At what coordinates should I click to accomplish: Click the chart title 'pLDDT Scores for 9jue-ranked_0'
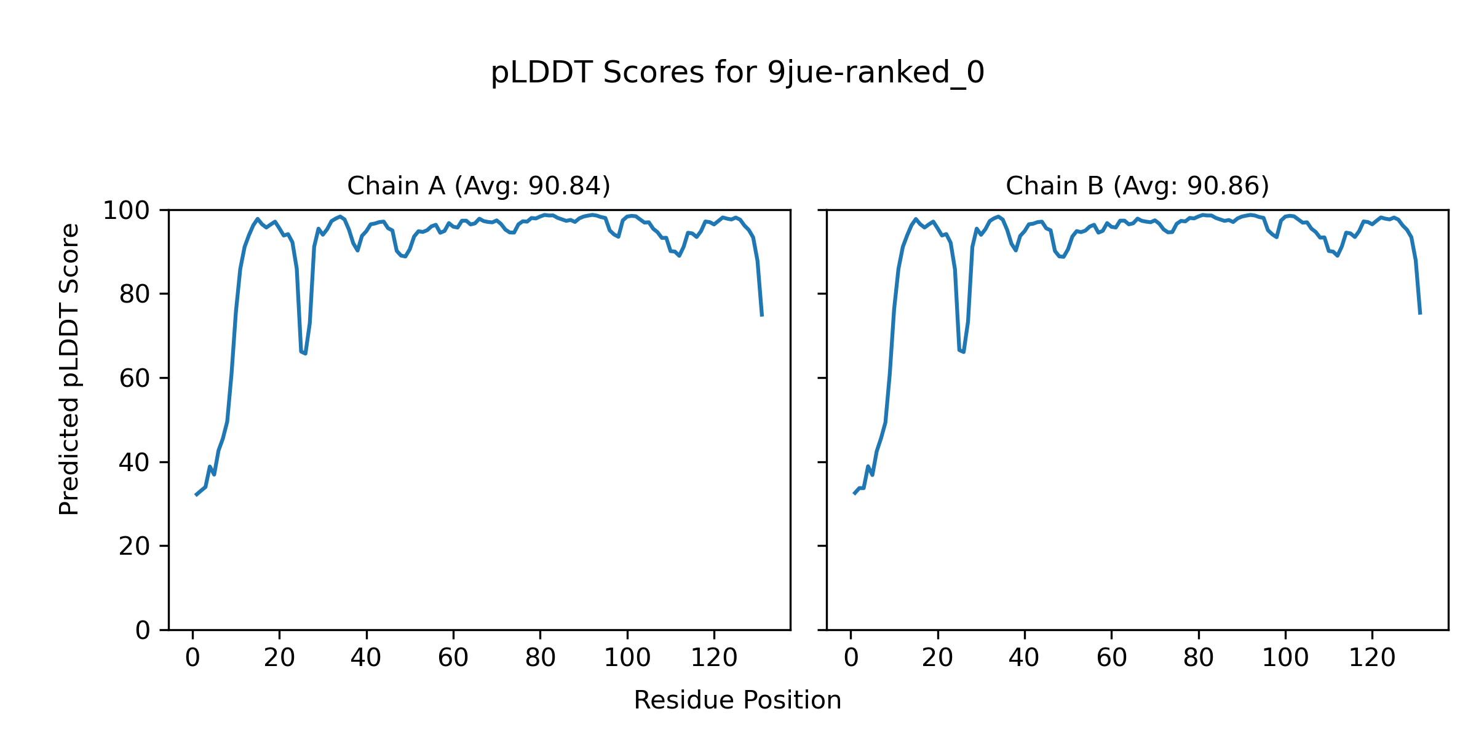pyautogui.click(x=737, y=73)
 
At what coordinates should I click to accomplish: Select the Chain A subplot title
pyautogui.click(x=478, y=186)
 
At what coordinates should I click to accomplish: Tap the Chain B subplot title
pyautogui.click(x=1137, y=186)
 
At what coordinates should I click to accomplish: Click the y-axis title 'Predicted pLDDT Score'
pyautogui.click(x=69, y=369)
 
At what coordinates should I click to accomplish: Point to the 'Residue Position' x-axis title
pyautogui.click(x=737, y=700)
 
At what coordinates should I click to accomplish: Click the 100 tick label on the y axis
pyautogui.click(x=126, y=211)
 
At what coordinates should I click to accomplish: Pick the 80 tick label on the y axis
pyautogui.click(x=135, y=295)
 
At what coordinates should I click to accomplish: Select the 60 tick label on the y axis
pyautogui.click(x=135, y=379)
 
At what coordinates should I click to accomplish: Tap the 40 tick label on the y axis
pyautogui.click(x=135, y=462)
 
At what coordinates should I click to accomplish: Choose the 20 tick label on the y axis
pyautogui.click(x=135, y=546)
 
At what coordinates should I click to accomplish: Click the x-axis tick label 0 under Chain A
pyautogui.click(x=192, y=658)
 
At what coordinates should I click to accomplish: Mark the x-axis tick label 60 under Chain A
pyautogui.click(x=453, y=658)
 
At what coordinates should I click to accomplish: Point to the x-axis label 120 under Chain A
pyautogui.click(x=714, y=658)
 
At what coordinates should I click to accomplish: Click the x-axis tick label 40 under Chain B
pyautogui.click(x=1025, y=658)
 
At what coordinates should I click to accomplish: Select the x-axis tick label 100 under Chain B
pyautogui.click(x=1285, y=658)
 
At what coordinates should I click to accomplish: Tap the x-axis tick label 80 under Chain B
pyautogui.click(x=1199, y=658)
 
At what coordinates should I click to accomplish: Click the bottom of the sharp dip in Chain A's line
pyautogui.click(x=305, y=353)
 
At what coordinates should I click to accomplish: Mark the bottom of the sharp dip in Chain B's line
pyautogui.click(x=963, y=352)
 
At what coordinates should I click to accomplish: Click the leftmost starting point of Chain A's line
pyautogui.click(x=196, y=495)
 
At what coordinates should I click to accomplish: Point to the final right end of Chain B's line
pyautogui.click(x=1420, y=314)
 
